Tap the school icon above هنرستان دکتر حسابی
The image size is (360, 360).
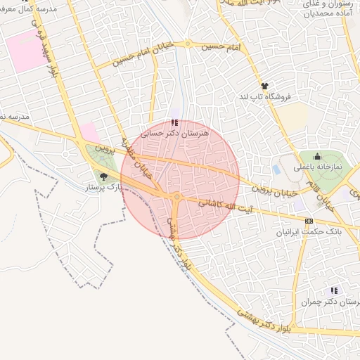click(x=174, y=122)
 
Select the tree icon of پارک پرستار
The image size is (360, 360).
click(x=104, y=176)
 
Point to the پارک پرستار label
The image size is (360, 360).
click(x=104, y=188)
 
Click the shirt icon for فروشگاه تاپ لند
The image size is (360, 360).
click(x=264, y=85)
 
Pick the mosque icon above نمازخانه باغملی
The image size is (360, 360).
click(x=317, y=157)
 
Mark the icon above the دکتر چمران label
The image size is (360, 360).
click(x=333, y=290)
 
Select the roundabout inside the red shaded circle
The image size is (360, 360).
click(x=177, y=198)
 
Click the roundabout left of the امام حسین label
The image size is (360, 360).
click(x=188, y=44)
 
